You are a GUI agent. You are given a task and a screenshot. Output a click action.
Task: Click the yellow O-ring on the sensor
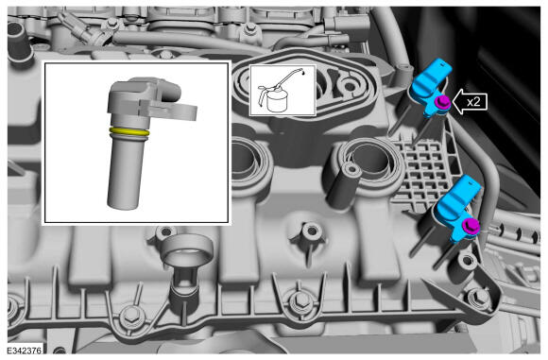[x=128, y=132]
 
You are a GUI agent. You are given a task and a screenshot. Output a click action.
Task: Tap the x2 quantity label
[x=473, y=102]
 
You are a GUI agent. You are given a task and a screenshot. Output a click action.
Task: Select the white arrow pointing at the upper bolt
[x=470, y=102]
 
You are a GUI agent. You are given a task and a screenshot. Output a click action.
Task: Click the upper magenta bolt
[x=441, y=102]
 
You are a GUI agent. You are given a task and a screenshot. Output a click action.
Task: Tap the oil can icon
[x=283, y=90]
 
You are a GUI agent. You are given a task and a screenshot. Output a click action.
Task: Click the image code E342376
[x=25, y=351]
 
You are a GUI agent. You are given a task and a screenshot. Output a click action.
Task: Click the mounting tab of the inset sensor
[x=171, y=108]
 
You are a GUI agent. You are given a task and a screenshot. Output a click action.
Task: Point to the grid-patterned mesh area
[x=424, y=171]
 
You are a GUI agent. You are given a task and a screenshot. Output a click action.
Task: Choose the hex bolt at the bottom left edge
[x=130, y=316]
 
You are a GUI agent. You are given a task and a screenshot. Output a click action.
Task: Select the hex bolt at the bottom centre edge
[x=300, y=300]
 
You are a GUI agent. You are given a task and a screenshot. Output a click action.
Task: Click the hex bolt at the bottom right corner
[x=481, y=297]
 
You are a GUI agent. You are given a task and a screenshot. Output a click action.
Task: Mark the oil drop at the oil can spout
[x=302, y=73]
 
